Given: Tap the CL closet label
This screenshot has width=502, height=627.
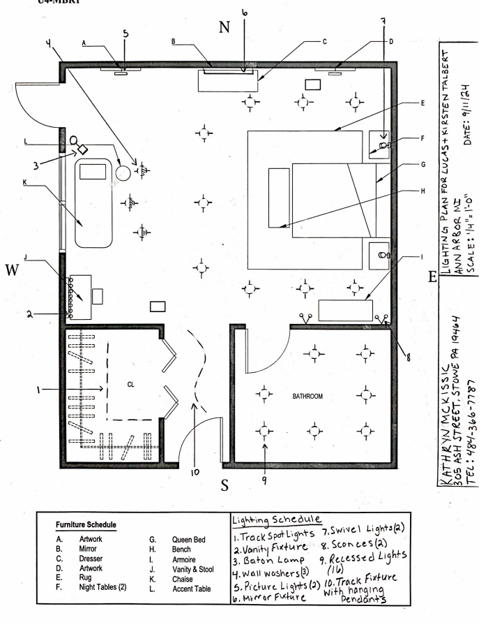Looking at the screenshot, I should click(130, 384).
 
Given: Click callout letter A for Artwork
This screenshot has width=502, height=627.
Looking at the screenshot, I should click(84, 43).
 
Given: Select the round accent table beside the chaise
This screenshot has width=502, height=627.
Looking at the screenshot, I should click(123, 171).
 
